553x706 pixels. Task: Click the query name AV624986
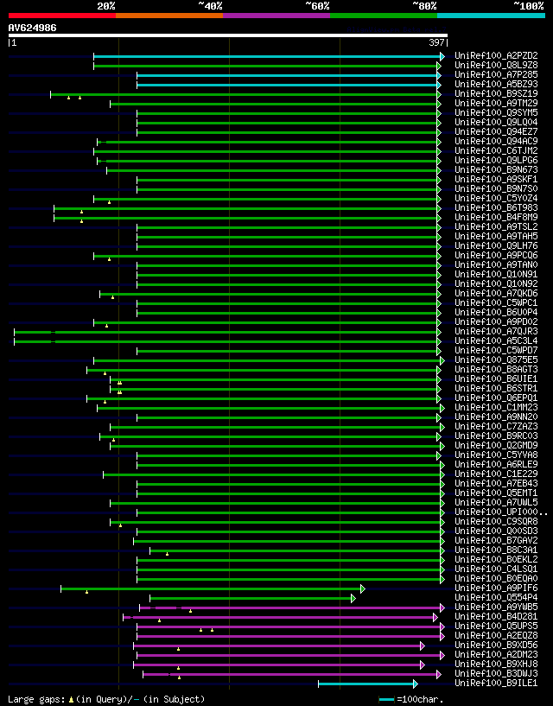(33, 28)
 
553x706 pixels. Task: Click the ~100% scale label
(528, 6)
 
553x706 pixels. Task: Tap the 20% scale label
(106, 6)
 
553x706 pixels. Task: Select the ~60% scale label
(317, 6)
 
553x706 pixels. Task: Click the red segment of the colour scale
(61, 16)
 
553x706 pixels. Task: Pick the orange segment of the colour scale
(168, 16)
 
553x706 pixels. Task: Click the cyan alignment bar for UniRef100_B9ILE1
(367, 684)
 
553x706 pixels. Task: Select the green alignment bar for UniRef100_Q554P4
(251, 598)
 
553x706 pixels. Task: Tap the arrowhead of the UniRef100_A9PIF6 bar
(363, 588)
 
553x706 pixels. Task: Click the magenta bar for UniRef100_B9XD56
(276, 646)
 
